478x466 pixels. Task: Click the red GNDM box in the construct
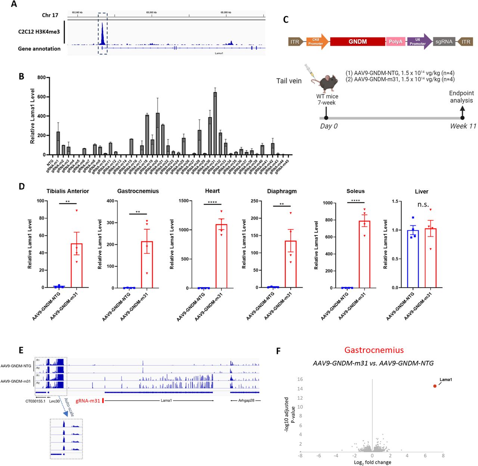pyautogui.click(x=357, y=42)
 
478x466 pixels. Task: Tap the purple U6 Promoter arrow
pyautogui.click(x=419, y=42)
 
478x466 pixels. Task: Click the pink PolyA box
pyautogui.click(x=395, y=42)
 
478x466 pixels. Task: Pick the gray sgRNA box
pyautogui.click(x=444, y=42)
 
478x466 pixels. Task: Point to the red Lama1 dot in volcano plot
pyautogui.click(x=435, y=386)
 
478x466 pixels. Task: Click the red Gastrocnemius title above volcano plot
pyautogui.click(x=374, y=350)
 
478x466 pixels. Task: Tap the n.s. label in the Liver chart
pyautogui.click(x=423, y=204)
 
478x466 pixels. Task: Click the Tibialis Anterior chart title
pyautogui.click(x=68, y=191)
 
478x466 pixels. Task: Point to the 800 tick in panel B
pyautogui.click(x=41, y=78)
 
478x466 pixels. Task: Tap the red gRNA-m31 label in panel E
pyautogui.click(x=88, y=401)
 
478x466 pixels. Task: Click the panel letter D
pyautogui.click(x=22, y=186)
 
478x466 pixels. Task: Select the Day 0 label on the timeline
pyautogui.click(x=329, y=126)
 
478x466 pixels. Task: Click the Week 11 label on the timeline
pyautogui.click(x=463, y=126)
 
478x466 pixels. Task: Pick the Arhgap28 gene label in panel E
pyautogui.click(x=246, y=401)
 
